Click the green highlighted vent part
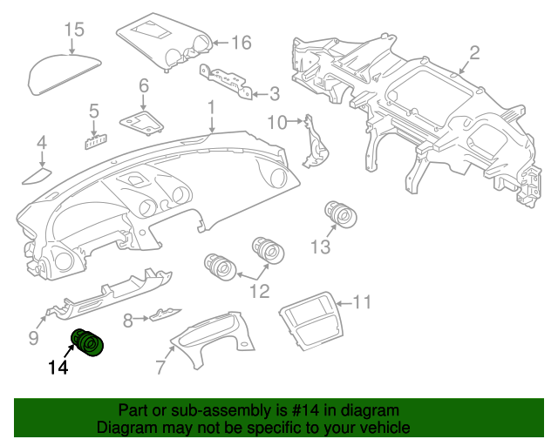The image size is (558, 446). coord(87,342)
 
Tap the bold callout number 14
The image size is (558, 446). coord(58,367)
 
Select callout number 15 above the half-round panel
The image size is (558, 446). coord(75,29)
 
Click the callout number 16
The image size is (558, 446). coord(242,43)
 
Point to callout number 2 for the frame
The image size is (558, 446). coord(474,53)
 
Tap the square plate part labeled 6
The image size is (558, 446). coord(141,123)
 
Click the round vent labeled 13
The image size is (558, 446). coord(341,214)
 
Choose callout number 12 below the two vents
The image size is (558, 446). coord(260,292)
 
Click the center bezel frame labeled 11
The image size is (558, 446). coord(311,321)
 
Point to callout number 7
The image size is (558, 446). coord(161,367)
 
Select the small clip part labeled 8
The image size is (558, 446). coord(165,314)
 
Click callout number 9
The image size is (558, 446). coord(33,337)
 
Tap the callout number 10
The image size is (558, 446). coord(277,123)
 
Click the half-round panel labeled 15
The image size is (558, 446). coord(65,74)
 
